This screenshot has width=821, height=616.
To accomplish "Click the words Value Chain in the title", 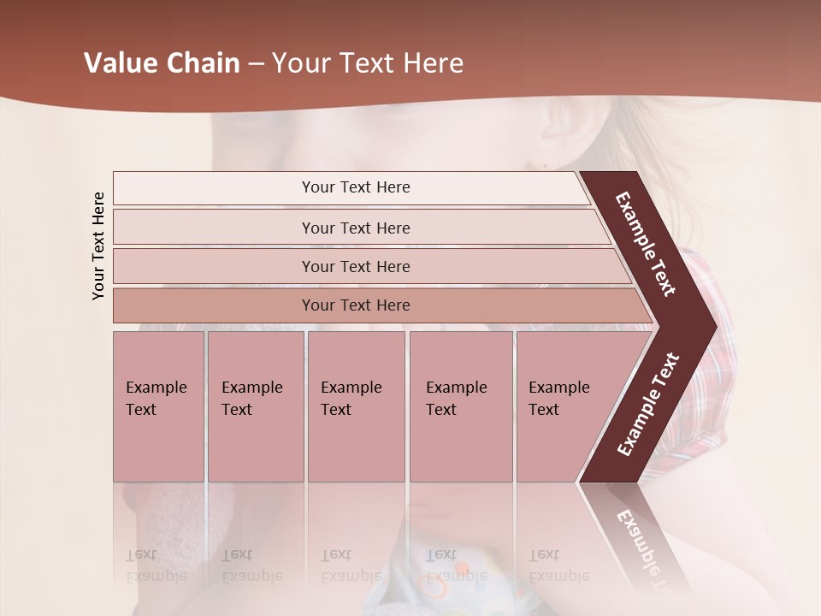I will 162,63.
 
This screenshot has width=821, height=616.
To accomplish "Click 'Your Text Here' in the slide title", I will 368,63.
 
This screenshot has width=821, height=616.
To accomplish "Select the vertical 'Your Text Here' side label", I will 98,245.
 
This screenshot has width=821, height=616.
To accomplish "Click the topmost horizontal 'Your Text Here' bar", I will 356,187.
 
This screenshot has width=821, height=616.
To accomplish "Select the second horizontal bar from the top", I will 356,228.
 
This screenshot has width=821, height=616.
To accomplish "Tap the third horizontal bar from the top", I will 356,267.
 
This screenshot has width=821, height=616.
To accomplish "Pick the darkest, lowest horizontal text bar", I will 356,305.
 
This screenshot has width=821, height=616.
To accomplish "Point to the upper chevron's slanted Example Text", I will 646,244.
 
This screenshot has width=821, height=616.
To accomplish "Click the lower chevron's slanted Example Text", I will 647,405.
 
